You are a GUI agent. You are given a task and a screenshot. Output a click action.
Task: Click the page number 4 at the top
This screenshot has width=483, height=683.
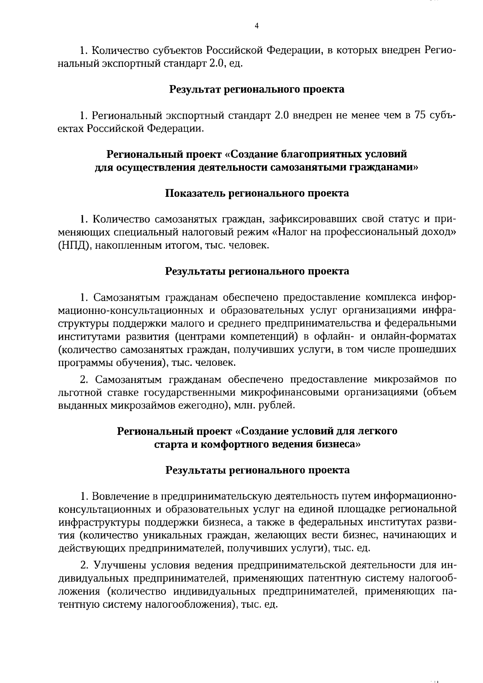click(257, 26)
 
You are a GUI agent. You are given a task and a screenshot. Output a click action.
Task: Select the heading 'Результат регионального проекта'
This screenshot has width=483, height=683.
click(257, 89)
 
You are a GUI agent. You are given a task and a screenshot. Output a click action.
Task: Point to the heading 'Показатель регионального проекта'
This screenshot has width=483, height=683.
click(257, 194)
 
